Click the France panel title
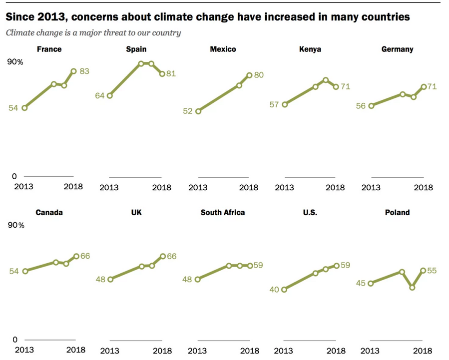pos(49,49)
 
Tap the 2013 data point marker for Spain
pos(110,95)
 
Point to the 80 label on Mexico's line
pos(259,75)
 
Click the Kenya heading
pos(309,49)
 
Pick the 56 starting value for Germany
pos(361,105)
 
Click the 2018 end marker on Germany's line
pos(424,87)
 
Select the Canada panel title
pos(49,212)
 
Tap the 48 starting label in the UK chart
pos(100,279)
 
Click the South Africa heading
pos(223,212)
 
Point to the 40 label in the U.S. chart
pos(274,289)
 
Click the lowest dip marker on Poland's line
pos(412,288)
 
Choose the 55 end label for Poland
pos(433,270)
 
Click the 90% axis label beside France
pos(14,62)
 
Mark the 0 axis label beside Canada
pos(14,340)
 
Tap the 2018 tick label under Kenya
pos(335,188)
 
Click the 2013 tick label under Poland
pos(370,351)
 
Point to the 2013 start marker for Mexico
pos(198,111)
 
